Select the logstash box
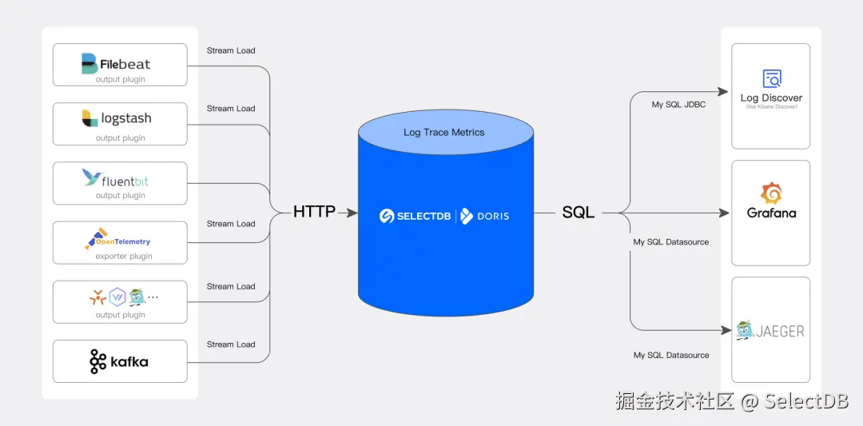coord(120,124)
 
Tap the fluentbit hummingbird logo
coord(93,177)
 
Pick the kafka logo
coord(119,361)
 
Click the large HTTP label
coord(314,213)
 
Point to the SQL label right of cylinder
coord(578,213)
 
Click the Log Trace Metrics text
coord(443,132)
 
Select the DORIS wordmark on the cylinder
coord(492,216)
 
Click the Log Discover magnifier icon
coord(771,78)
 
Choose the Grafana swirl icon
coord(771,193)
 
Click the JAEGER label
coord(780,331)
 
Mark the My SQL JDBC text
coord(678,105)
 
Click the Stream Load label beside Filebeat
coord(231,50)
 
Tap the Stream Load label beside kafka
coord(231,344)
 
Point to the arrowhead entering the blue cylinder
coord(352,213)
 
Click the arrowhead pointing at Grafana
coord(725,213)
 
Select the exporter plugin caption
coord(123,257)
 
